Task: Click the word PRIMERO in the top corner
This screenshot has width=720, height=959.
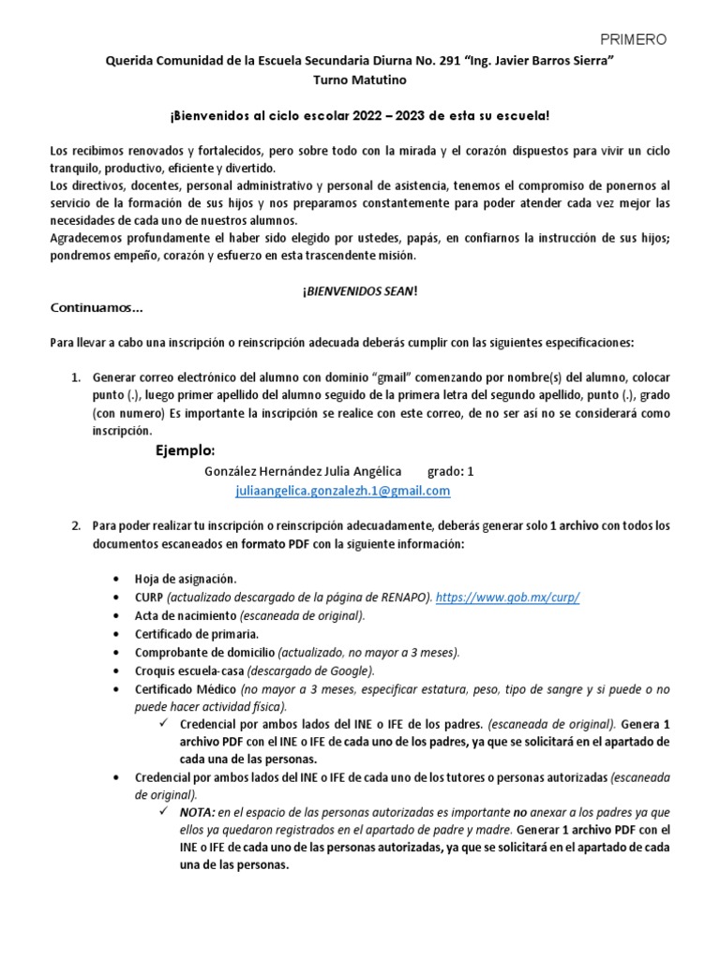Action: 634,39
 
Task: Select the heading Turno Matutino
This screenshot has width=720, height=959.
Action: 359,81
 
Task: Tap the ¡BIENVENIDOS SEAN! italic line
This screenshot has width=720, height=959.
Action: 360,291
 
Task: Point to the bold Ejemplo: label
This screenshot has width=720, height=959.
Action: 185,450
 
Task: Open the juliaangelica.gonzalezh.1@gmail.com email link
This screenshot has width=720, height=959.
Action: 342,491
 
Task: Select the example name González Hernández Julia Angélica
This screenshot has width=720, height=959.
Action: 303,471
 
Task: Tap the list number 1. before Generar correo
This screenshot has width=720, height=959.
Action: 77,376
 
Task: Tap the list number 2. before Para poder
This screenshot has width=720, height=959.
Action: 77,525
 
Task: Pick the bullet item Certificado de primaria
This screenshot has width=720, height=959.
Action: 190,634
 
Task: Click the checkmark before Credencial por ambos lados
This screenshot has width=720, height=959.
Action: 166,725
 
